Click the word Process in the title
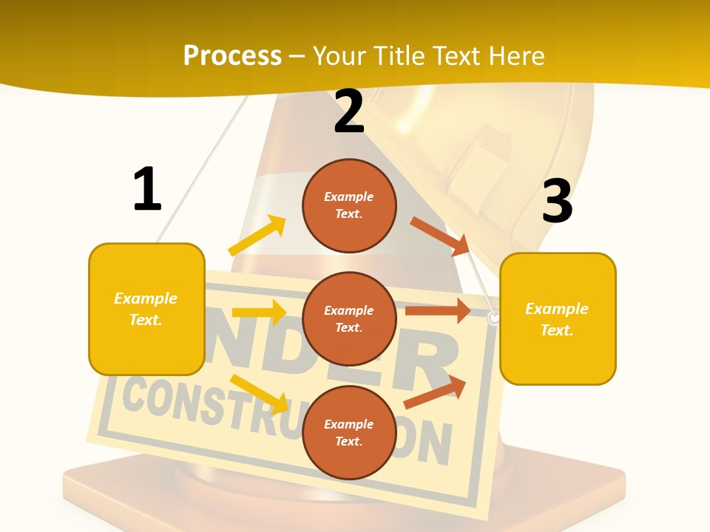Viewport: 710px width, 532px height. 232,56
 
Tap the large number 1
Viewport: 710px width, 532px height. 147,190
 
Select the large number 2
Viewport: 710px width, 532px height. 349,112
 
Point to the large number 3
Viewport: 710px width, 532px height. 558,202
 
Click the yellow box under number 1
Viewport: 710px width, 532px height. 146,309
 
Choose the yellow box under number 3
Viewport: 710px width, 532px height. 558,318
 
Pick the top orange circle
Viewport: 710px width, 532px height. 349,205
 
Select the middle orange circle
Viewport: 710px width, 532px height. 349,318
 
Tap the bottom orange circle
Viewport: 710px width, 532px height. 349,432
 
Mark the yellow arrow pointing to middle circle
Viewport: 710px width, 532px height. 259,312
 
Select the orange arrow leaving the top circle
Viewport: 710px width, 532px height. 440,236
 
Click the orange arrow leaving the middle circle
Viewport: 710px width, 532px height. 438,310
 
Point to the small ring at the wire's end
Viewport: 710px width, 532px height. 493,318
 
